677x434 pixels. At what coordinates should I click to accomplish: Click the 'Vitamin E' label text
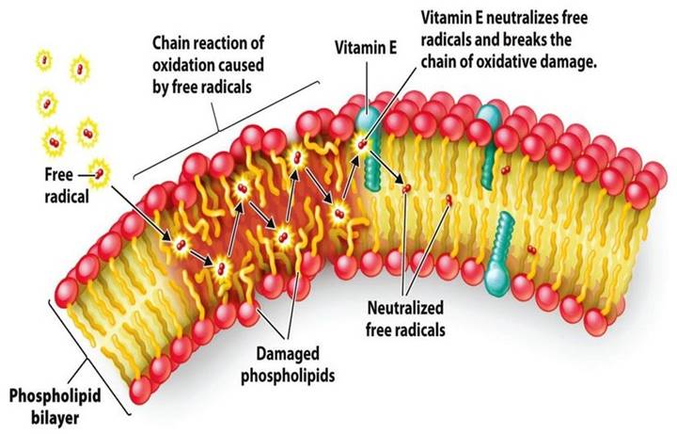(365, 47)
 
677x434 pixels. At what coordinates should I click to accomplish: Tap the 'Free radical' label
(66, 185)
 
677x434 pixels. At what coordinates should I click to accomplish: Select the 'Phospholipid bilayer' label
(55, 407)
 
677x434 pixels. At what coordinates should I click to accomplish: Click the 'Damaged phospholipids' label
(288, 364)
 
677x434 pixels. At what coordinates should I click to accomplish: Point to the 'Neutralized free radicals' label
(405, 318)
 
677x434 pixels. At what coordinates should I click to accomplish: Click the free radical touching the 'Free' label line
(100, 174)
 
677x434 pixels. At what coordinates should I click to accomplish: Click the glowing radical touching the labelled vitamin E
(362, 143)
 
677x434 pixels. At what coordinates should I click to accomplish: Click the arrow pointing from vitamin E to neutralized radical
(386, 168)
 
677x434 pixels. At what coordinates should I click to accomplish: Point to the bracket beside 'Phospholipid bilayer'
(88, 358)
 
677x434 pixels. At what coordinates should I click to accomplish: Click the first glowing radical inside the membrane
(181, 245)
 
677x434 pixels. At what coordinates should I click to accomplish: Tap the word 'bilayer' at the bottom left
(55, 418)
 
